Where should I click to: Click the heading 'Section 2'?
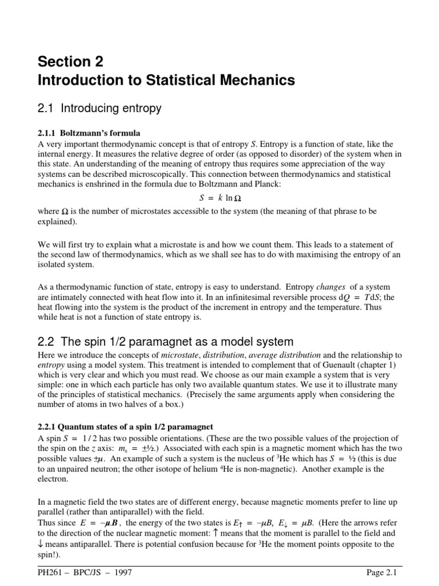71,61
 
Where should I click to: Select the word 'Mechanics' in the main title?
260,81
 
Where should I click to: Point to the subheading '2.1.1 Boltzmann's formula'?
89,133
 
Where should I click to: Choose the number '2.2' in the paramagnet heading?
49,342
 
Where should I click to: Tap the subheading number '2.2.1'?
49,426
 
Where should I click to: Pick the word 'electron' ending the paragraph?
53,480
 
